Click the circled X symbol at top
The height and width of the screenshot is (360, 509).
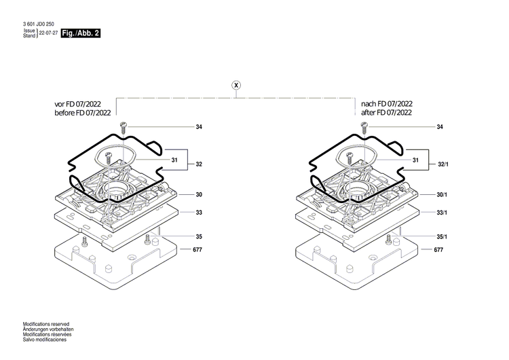click(236, 85)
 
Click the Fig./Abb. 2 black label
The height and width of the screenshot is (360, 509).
click(81, 33)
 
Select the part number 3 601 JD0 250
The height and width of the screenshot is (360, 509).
click(38, 24)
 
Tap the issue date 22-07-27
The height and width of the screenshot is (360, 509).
click(48, 33)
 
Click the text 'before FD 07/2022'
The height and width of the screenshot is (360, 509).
click(83, 113)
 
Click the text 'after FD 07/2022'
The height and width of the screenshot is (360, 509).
click(386, 113)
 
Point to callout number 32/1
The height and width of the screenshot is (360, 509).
click(443, 164)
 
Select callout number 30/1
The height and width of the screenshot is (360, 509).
click(442, 195)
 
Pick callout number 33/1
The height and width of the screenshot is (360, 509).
click(442, 213)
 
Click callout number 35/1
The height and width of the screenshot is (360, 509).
click(442, 236)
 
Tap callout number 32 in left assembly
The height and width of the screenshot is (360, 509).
click(199, 164)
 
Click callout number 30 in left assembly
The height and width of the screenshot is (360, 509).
click(199, 195)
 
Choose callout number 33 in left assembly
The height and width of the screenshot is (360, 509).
click(199, 213)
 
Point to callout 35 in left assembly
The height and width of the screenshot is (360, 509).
click(199, 236)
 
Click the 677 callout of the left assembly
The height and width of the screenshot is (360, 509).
click(197, 249)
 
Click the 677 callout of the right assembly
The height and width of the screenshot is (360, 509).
click(438, 249)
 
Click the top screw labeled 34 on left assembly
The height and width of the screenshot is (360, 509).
click(123, 128)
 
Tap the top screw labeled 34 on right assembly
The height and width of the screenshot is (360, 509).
click(364, 128)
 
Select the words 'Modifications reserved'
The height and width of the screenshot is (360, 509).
click(46, 324)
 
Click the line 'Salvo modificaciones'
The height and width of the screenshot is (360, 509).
click(45, 340)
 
